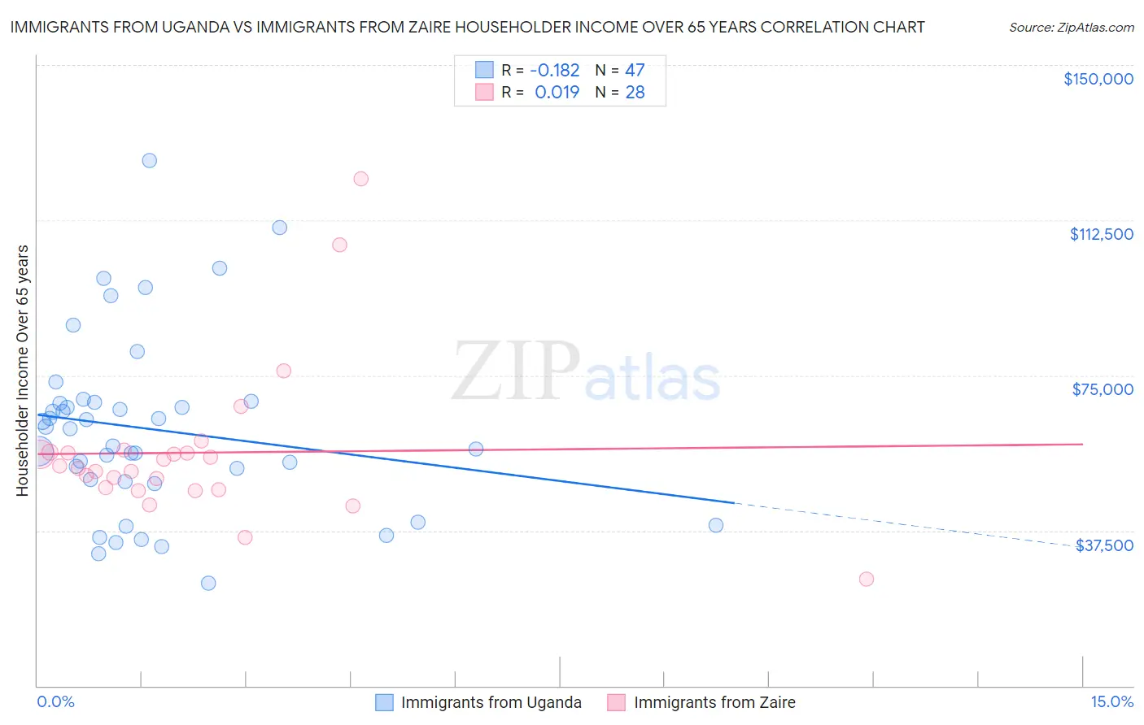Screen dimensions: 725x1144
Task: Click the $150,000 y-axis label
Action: pos(1098,79)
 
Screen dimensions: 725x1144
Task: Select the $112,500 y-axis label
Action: pos(1101,234)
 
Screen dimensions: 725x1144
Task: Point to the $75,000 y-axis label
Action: pos(1103,389)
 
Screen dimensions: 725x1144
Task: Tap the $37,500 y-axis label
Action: pos(1104,545)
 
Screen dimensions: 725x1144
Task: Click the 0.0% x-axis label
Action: pos(55,701)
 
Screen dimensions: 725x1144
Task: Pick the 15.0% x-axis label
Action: pos(1111,701)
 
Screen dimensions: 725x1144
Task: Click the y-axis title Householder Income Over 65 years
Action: pos(23,371)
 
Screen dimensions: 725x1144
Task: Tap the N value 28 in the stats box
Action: pos(635,93)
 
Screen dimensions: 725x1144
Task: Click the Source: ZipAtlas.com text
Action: pos(1071,28)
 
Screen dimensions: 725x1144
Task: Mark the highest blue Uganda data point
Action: pos(150,160)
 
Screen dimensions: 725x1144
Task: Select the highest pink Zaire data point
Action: pos(361,179)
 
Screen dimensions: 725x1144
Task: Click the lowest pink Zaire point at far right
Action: pos(867,579)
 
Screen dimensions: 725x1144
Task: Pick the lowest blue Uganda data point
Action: pos(208,583)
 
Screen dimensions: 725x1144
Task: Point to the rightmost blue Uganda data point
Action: pos(716,525)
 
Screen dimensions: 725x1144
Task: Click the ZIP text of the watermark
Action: pos(515,371)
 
